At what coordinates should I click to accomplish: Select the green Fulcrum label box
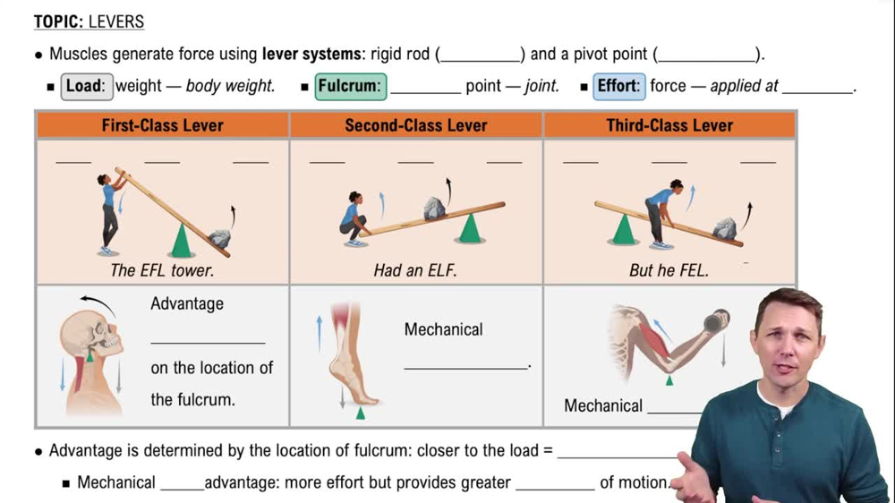point(350,87)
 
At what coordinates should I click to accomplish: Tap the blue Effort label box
point(618,87)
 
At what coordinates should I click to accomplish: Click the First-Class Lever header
point(162,125)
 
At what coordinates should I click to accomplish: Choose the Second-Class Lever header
point(416,125)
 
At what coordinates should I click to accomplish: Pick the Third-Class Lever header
point(669,125)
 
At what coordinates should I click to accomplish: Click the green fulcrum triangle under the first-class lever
point(182,242)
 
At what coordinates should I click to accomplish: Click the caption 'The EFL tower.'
point(162,269)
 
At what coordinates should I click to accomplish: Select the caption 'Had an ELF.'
point(415,269)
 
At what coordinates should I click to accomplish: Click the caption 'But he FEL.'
point(669,269)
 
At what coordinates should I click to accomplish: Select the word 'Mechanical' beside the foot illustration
point(443,329)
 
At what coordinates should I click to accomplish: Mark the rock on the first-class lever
point(219,238)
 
